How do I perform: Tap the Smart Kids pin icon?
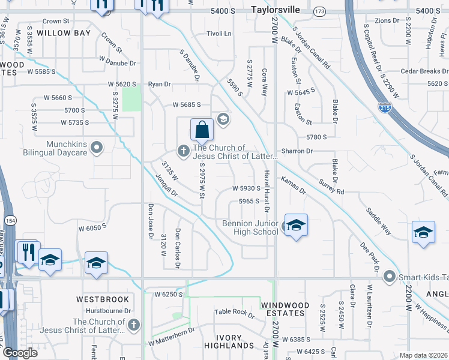coord(390,277)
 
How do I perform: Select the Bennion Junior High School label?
coord(250,227)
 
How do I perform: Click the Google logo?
coord(20,352)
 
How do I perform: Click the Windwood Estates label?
coord(285,310)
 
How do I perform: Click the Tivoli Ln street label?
coord(218,34)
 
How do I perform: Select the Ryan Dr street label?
coord(160,84)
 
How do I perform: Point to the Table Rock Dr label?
coord(235,312)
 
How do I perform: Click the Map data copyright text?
coord(424,355)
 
